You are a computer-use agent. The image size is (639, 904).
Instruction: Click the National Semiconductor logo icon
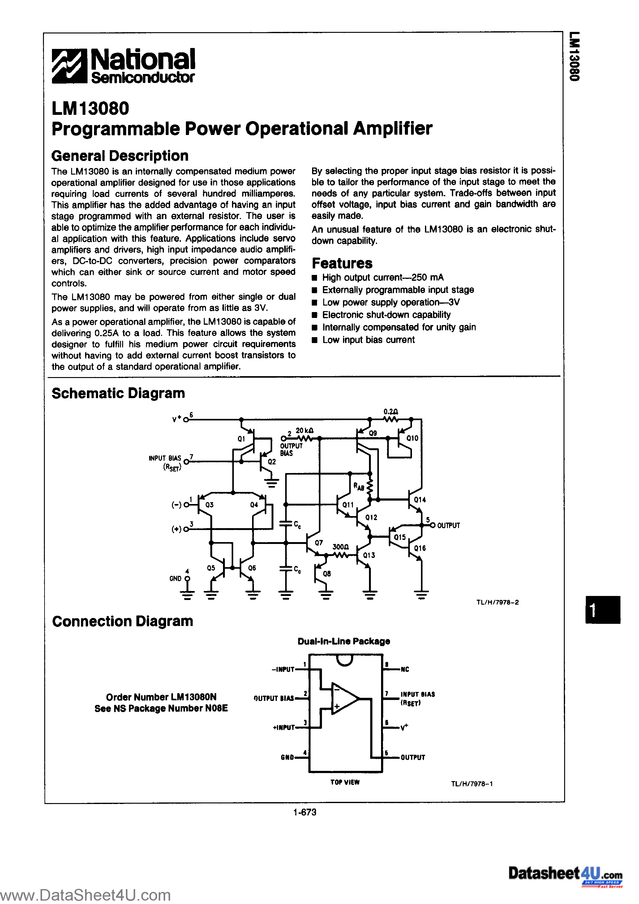point(69,66)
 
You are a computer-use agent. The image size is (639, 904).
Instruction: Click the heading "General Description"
point(120,156)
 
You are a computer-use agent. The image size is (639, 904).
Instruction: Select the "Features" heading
point(342,263)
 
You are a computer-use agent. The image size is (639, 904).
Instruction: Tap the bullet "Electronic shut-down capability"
point(386,315)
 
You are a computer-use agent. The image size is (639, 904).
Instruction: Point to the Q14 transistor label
point(420,500)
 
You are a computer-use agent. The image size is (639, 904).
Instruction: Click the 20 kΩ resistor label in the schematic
point(305,431)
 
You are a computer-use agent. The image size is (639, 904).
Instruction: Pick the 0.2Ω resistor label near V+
point(390,412)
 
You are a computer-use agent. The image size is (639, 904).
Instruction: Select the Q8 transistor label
point(327,574)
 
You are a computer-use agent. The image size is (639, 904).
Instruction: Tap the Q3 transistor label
point(209,505)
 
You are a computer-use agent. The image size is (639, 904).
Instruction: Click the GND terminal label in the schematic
point(175,578)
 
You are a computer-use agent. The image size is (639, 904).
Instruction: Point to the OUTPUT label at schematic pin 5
point(448,526)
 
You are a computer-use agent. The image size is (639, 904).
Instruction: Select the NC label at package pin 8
point(405,669)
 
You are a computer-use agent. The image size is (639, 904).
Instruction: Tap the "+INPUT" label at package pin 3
point(284,728)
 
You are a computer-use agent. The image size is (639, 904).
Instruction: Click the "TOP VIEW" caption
point(345,782)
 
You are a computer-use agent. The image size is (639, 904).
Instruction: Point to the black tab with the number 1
point(603,610)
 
